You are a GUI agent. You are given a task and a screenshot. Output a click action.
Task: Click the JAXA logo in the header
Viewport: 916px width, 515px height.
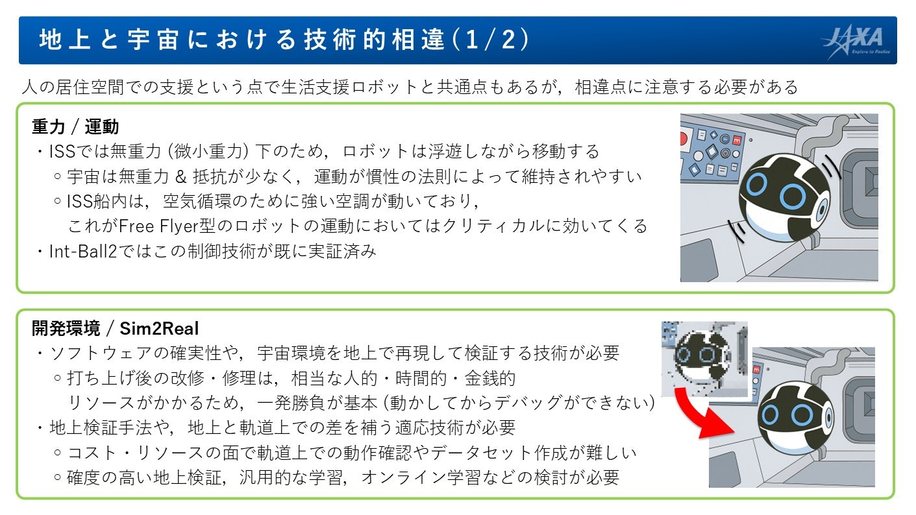coord(856,41)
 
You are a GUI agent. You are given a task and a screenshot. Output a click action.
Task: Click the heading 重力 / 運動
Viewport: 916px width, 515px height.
coord(75,126)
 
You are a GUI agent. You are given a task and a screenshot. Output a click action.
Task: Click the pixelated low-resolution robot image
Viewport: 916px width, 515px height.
coord(704,358)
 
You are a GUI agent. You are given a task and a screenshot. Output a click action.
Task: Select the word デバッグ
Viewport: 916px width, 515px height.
coord(539,403)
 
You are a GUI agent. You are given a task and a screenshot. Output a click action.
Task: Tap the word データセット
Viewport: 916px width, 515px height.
coord(493,453)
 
